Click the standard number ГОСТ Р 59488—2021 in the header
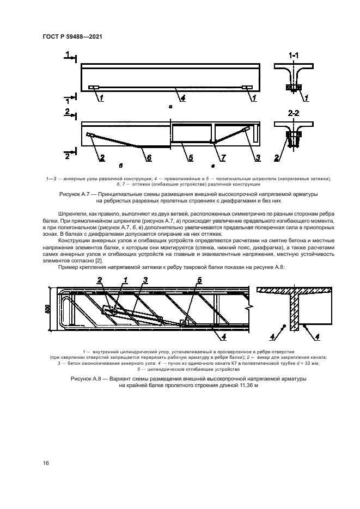(x=72, y=36)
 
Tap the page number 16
(x=46, y=463)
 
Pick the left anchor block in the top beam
(x=94, y=88)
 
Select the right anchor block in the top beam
(x=247, y=88)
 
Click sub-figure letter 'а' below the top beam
(x=170, y=107)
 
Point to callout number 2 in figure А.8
(x=100, y=280)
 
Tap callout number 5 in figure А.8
(x=199, y=280)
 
